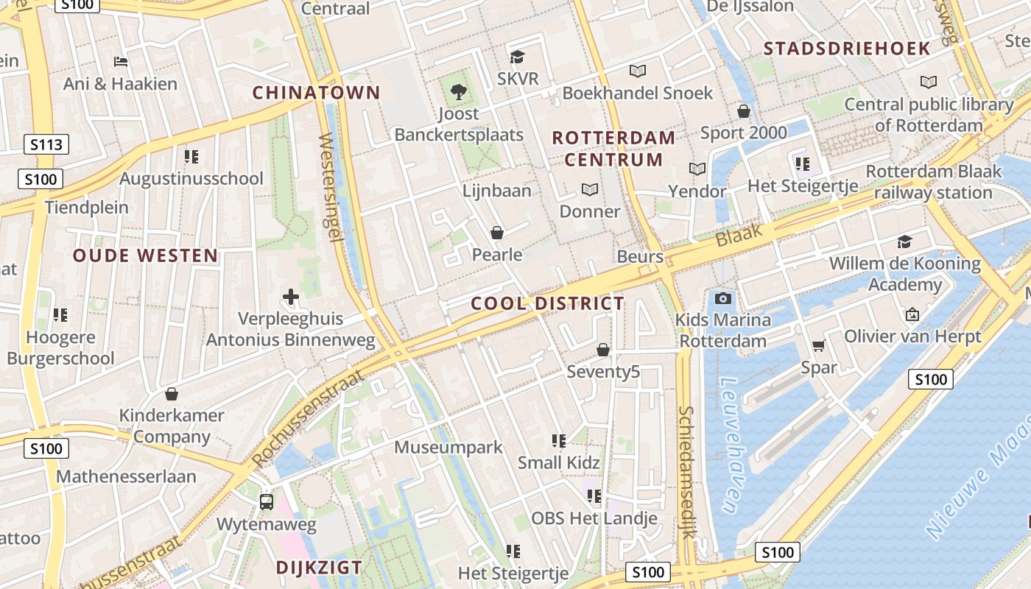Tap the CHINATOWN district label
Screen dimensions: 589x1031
(x=316, y=93)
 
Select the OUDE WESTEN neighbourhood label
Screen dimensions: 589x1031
(x=145, y=256)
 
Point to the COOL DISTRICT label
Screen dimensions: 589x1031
(x=547, y=303)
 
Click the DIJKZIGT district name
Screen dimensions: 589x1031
(x=319, y=568)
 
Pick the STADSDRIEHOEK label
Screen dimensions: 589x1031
(x=847, y=49)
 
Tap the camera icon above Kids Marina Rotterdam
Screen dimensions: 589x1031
(x=723, y=298)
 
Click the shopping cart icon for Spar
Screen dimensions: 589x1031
(x=818, y=345)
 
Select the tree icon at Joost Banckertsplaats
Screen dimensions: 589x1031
(x=459, y=92)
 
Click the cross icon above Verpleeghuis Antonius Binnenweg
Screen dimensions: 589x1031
(x=291, y=297)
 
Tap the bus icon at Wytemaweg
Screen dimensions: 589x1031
(x=267, y=502)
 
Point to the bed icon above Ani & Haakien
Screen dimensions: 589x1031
(x=120, y=61)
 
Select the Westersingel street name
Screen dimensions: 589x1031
(x=330, y=188)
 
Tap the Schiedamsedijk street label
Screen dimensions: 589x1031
(x=686, y=471)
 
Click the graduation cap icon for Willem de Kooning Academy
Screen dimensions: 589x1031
(x=904, y=241)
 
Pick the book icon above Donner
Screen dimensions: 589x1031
(x=589, y=189)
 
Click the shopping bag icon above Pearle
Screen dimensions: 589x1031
(x=497, y=233)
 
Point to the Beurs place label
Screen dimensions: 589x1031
(x=640, y=256)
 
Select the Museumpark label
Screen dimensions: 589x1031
(x=448, y=447)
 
